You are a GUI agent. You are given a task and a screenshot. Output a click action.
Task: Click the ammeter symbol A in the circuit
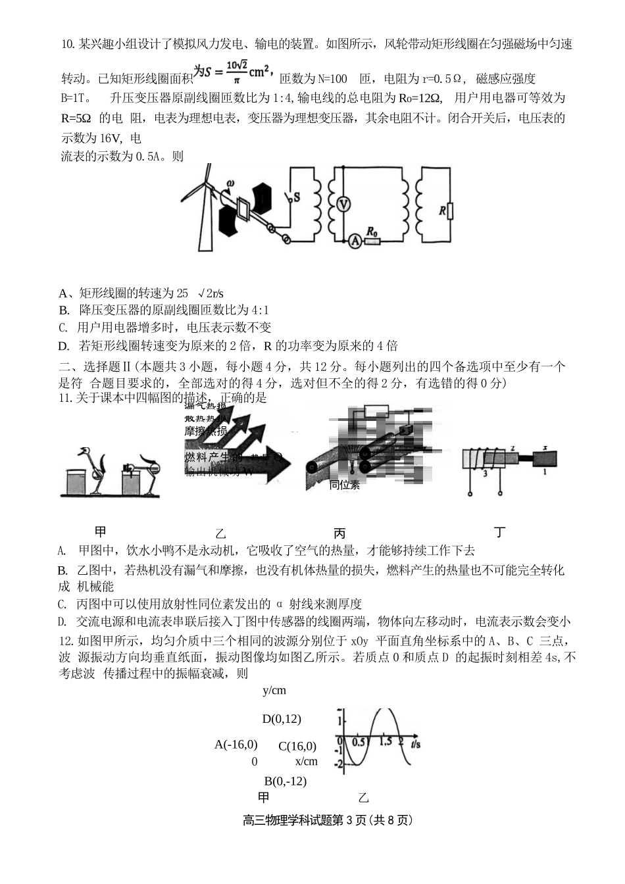354,241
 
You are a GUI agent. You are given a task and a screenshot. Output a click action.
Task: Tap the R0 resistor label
372,231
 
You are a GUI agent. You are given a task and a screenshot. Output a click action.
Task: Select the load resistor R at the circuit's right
449,210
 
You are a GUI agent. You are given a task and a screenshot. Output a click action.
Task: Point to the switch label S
297,195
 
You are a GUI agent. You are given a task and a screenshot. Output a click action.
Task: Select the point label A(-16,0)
236,745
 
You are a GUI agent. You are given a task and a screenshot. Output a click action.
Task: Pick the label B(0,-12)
285,781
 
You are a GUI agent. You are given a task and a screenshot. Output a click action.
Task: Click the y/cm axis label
274,691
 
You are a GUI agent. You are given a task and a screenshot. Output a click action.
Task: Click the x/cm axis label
306,761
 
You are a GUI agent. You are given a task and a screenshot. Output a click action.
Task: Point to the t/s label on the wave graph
414,744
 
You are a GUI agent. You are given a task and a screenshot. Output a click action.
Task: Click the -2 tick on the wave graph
339,764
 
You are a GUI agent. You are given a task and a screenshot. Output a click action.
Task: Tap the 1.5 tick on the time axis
386,741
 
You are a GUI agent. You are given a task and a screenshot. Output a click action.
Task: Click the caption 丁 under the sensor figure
500,532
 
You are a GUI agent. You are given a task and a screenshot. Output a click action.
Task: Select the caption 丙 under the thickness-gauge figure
339,533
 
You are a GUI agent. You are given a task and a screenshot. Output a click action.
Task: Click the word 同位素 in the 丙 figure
345,485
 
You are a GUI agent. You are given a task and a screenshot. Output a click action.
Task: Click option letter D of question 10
63,346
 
